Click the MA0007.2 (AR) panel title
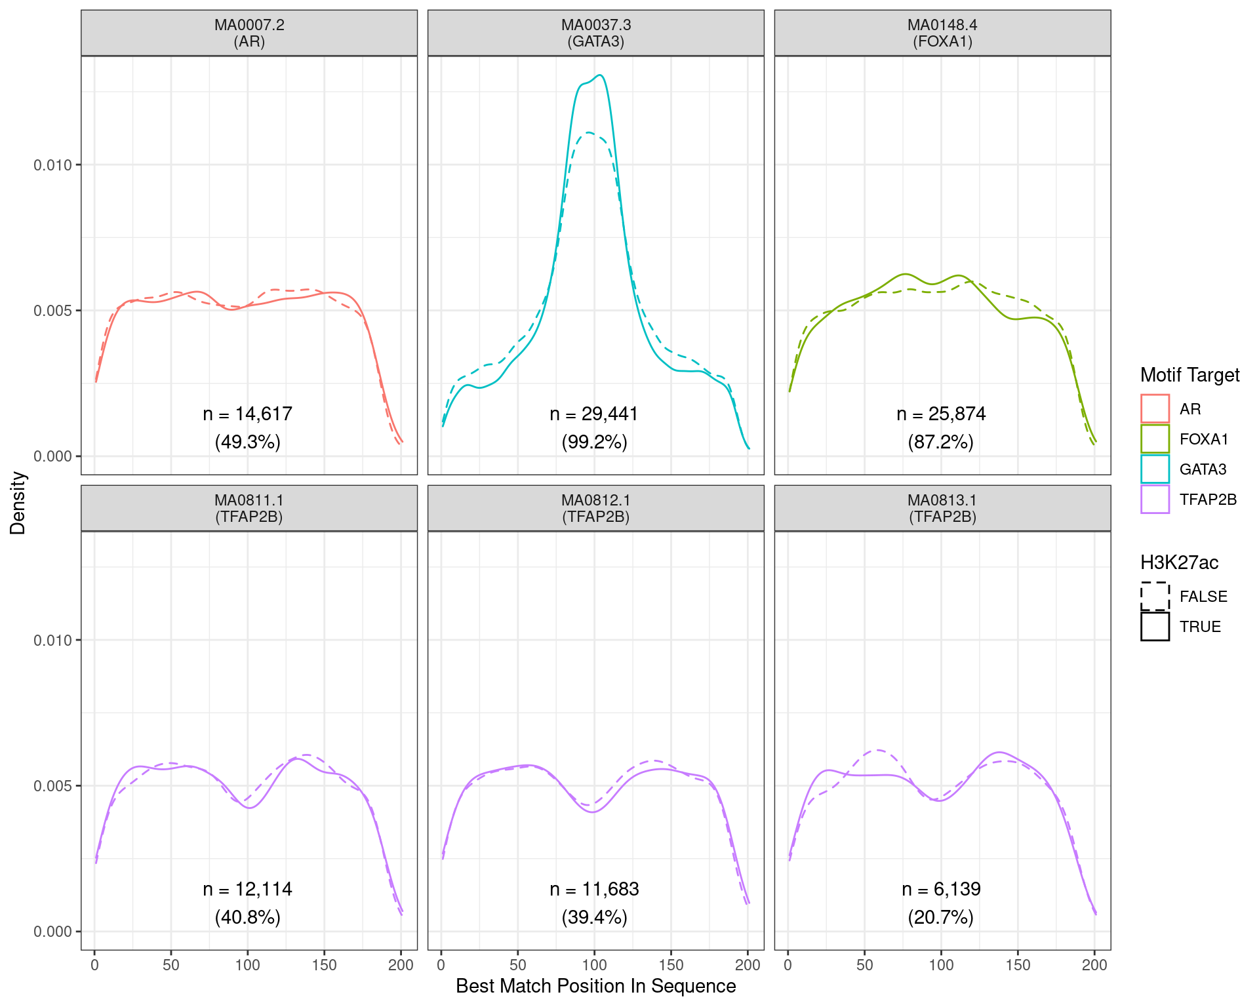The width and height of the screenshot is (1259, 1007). [x=249, y=33]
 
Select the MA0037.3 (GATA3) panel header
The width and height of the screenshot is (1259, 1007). [x=595, y=33]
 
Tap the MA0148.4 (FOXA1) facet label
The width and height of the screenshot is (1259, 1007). [x=942, y=33]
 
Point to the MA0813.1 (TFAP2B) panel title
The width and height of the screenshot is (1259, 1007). [x=942, y=509]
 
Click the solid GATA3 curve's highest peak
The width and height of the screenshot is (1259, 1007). [x=599, y=75]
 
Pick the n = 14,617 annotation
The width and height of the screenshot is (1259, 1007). [x=247, y=414]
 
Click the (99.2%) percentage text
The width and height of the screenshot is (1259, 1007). [x=594, y=442]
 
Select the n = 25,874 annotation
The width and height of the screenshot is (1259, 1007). [x=941, y=414]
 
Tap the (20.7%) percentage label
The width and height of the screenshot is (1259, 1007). [x=941, y=917]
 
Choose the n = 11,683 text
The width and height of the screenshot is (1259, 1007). [x=594, y=889]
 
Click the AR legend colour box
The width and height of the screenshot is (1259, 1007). [x=1155, y=408]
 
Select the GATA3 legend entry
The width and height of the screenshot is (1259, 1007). [x=1155, y=469]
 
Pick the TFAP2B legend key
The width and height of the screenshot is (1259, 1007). [x=1155, y=499]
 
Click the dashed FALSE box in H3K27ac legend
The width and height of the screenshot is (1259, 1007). [x=1155, y=596]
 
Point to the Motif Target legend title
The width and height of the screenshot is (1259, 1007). [x=1189, y=375]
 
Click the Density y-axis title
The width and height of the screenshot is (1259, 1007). [x=18, y=503]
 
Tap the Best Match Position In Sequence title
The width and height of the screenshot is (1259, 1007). [x=595, y=986]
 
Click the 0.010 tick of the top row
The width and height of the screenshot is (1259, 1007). [x=52, y=165]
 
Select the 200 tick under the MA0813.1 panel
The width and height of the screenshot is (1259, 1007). [x=1094, y=965]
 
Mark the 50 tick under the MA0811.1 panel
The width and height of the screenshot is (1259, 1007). [x=171, y=965]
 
